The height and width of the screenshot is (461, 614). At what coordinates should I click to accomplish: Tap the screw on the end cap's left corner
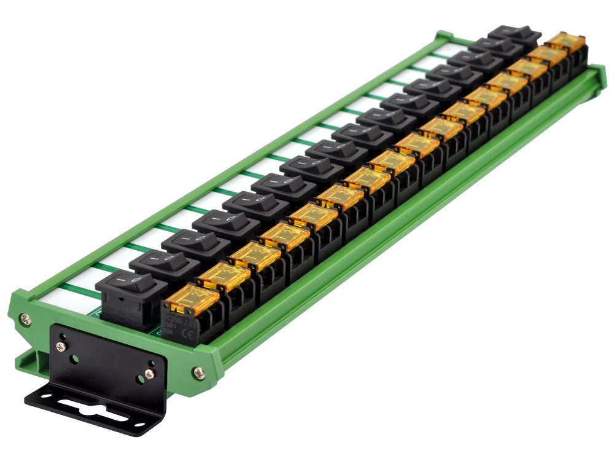pos(24,318)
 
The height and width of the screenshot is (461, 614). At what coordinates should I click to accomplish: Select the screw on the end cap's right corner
pos(198,372)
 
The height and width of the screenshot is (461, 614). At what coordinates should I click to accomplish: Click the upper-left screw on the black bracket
pos(62,346)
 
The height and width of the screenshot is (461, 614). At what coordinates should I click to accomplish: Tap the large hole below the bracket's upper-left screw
pos(74,358)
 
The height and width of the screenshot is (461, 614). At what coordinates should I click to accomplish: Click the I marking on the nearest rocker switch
pos(123,280)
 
